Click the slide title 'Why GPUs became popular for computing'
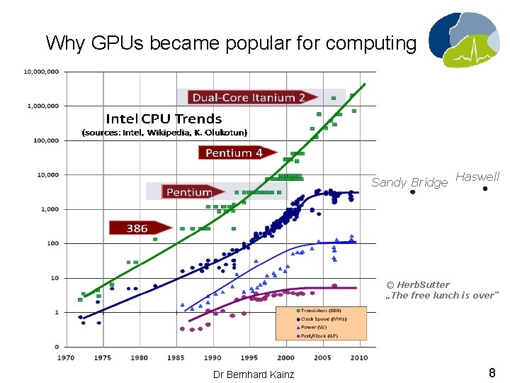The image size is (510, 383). click(x=231, y=43)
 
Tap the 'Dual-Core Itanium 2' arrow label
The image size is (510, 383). click(x=249, y=97)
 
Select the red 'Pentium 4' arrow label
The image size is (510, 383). click(x=234, y=152)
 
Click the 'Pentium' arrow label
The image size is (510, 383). click(x=189, y=191)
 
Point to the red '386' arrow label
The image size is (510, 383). click(x=137, y=228)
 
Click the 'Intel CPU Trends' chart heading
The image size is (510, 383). click(x=164, y=118)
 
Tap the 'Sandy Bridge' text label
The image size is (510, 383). click(x=409, y=182)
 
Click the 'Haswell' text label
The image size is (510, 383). click(x=477, y=177)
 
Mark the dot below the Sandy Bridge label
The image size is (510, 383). click(x=412, y=192)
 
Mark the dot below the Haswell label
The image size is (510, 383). click(x=484, y=189)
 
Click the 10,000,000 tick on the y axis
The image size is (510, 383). click(x=42, y=72)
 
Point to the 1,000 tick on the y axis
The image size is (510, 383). click(x=49, y=209)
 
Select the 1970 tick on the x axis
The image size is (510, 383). click(x=67, y=357)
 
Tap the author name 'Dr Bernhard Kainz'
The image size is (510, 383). click(x=254, y=374)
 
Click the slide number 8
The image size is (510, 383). click(x=492, y=373)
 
